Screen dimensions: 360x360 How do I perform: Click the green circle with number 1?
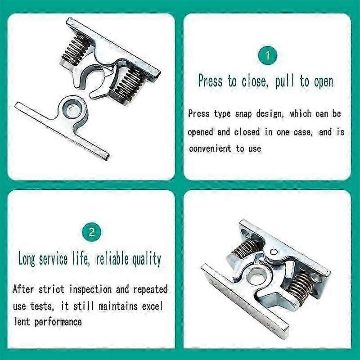click(267, 56)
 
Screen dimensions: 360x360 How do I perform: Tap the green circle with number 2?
click(91, 232)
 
